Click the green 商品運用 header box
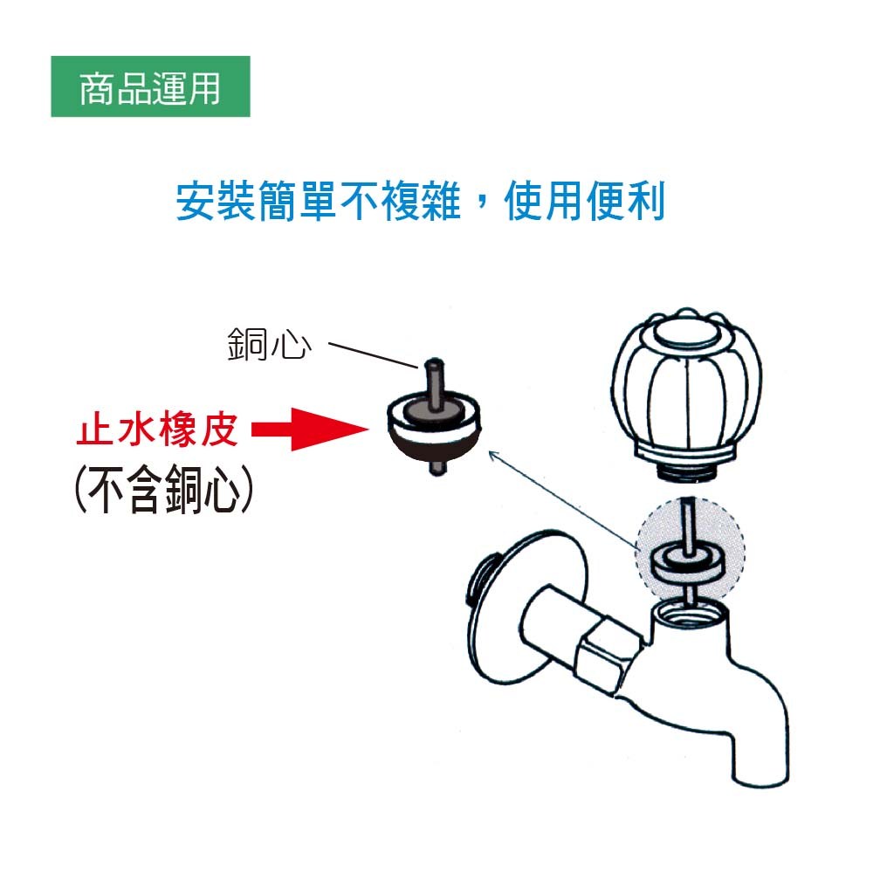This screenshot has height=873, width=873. [x=150, y=86]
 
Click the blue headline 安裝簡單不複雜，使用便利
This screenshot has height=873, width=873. [x=421, y=201]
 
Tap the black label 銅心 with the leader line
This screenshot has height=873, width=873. [x=269, y=344]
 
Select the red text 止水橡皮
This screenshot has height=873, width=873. [x=157, y=429]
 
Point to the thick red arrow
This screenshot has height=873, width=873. [x=310, y=430]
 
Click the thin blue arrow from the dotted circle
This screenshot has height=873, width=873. [x=563, y=500]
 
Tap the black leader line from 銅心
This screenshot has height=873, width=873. [x=373, y=355]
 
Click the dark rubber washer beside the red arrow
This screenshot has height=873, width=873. [x=433, y=426]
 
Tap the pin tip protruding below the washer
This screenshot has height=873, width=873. [x=438, y=468]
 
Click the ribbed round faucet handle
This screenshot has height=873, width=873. [x=686, y=389]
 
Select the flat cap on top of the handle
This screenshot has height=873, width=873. [x=685, y=333]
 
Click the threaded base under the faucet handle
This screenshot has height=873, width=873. [x=685, y=471]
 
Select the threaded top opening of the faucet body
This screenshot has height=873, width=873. [x=690, y=614]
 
